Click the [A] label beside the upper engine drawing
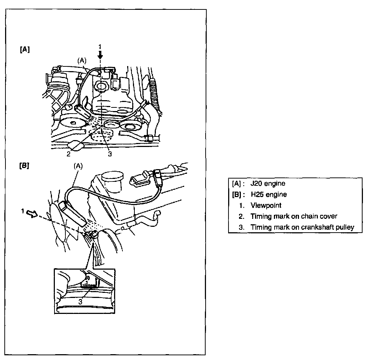pos(25,50)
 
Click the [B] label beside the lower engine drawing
pos(25,167)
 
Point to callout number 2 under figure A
pos(68,154)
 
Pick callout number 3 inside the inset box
pos(80,301)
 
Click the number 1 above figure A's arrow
pos(101,46)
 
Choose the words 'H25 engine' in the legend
pos(268,195)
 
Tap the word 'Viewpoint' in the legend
pos(266,205)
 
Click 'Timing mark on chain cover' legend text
pos(294,216)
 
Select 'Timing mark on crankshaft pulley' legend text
pos(302,227)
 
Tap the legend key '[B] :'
pos(238,195)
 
